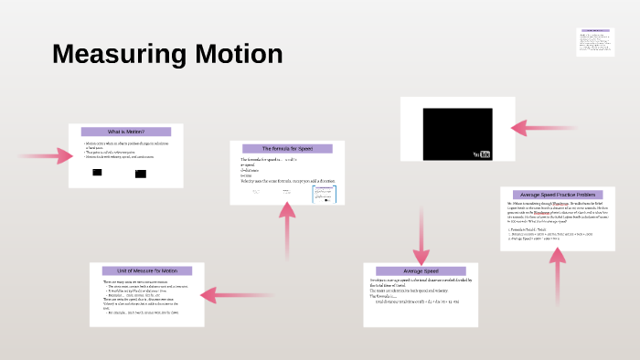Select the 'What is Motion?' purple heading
click(125, 132)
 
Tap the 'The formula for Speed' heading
click(286, 148)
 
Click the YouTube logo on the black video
click(481, 153)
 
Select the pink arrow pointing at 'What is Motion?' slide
click(46, 156)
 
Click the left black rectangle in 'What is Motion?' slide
click(97, 173)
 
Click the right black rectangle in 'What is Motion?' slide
click(140, 173)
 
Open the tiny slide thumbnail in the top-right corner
click(593, 42)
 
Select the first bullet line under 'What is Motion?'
click(126, 144)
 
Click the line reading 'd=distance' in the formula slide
click(251, 171)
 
